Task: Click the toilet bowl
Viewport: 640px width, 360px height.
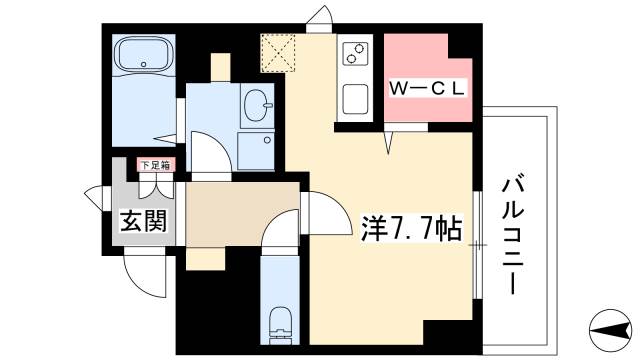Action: [279, 321]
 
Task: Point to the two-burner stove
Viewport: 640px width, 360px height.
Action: [354, 52]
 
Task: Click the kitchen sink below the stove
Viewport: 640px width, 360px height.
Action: [354, 100]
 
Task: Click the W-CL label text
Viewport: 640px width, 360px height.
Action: [429, 88]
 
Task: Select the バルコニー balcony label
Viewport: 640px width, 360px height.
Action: [515, 235]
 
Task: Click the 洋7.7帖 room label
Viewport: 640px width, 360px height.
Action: [410, 229]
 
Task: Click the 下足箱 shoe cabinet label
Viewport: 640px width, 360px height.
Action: [152, 166]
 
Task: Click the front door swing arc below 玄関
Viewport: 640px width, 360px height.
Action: [141, 275]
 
